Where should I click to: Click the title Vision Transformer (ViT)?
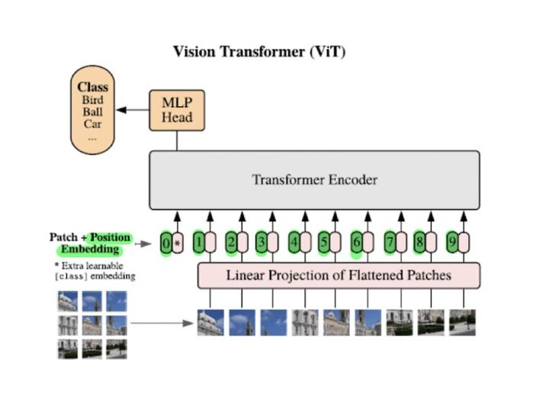point(260,53)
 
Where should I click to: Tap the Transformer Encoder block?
point(314,180)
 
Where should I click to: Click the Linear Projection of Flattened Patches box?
point(339,275)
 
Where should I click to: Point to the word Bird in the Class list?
point(93,100)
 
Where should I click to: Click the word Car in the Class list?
point(93,124)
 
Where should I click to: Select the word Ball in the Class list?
point(93,112)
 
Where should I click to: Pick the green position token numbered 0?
point(166,244)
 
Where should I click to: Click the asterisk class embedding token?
point(178,244)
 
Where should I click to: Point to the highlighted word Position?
point(110,237)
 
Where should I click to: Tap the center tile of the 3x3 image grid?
point(92,325)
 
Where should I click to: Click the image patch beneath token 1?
point(210,323)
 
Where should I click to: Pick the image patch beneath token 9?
point(462,323)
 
